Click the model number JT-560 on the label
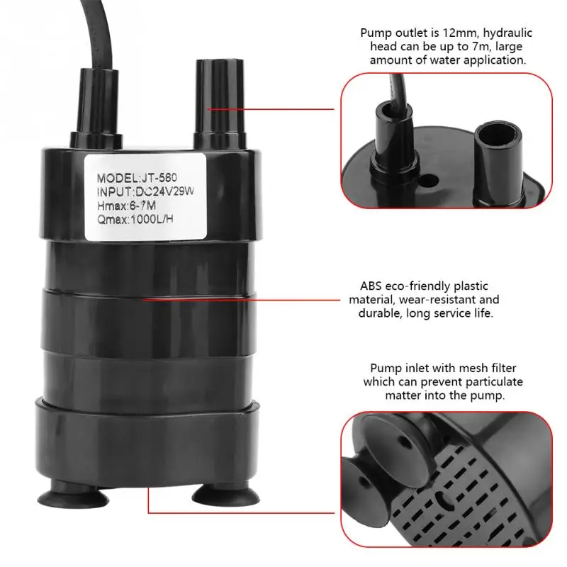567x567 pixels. pos(158,178)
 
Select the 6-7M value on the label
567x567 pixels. pos(143,206)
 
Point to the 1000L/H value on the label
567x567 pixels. pos(152,219)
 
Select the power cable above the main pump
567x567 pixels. pos(98,34)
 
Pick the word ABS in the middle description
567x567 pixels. pos(371,286)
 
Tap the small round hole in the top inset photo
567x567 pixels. pos(430,180)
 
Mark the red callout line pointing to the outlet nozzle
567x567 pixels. pos(271,109)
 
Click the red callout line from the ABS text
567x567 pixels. pos(242,299)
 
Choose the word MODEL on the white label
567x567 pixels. pos(117,178)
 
